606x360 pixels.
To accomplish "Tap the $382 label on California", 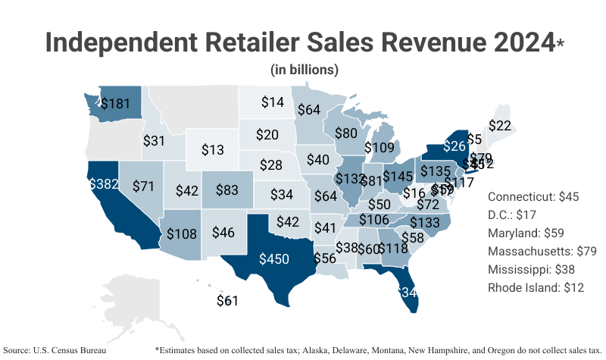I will pos(103,184).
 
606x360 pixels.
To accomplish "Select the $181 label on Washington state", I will pos(115,102).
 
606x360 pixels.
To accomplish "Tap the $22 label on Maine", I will pos(500,126).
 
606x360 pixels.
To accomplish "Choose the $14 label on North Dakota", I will pos(273,102).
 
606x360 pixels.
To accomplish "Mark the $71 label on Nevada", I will pos(143,186).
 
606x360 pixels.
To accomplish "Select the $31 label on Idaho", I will pos(154,141).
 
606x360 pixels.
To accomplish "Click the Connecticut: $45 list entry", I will pos(533,196).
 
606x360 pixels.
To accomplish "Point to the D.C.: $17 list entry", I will pos(516,214).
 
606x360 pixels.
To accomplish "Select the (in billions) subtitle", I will pos(304,69).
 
